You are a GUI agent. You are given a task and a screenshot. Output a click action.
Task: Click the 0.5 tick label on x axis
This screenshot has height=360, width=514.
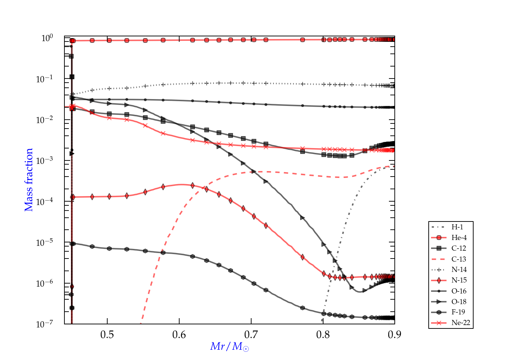107,335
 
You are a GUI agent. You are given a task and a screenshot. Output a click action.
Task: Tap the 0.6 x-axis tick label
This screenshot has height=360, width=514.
179,335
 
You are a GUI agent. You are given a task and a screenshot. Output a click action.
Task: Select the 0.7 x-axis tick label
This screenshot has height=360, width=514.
251,335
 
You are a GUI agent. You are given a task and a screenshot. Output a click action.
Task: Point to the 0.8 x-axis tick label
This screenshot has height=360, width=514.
323,335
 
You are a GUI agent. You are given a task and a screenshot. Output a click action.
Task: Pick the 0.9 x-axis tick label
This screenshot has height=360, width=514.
394,335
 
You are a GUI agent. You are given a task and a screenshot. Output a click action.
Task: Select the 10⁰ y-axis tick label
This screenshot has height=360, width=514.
47,38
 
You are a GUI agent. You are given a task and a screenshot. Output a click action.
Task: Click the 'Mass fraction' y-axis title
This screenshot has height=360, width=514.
29,180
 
